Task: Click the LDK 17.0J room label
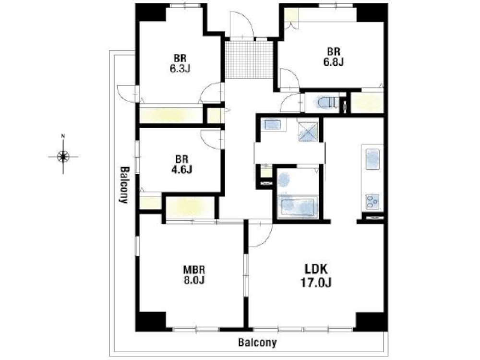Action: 316,276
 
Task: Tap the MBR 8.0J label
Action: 194,275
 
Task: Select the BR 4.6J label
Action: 181,164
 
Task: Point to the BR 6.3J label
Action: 180,63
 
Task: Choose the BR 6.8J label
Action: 334,57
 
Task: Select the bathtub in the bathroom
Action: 297,207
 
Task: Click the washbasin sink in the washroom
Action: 273,125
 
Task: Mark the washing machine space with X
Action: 308,132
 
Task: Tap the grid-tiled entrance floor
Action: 249,59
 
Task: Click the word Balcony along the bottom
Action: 257,342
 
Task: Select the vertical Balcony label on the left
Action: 124,185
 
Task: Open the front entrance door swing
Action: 242,24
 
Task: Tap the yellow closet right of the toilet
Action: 367,102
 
